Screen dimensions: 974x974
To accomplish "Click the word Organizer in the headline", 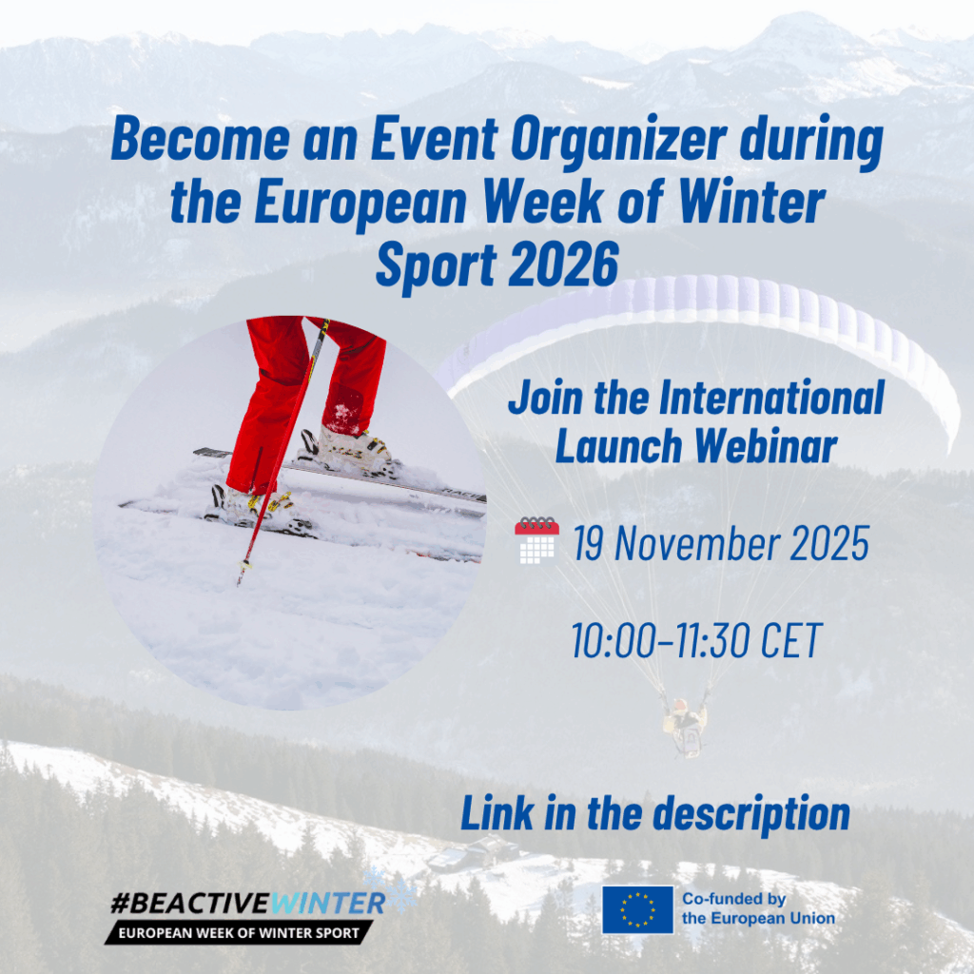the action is (x=618, y=141).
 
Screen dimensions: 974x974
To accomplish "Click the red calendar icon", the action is (x=536, y=540).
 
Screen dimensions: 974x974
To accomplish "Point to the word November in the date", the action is (x=695, y=543).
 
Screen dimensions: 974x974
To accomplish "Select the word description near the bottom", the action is (x=751, y=814).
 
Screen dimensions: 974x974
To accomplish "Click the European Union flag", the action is (x=637, y=909).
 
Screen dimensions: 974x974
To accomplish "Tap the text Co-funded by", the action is (x=733, y=899).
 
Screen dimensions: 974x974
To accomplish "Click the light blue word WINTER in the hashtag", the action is (x=328, y=903).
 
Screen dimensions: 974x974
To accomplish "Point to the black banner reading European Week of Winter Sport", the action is (x=239, y=932).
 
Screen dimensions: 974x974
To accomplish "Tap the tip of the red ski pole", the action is (x=239, y=583).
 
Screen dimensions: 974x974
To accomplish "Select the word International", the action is (x=770, y=398).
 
